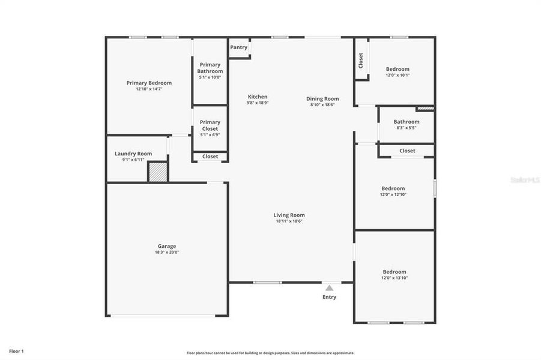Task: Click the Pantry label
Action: [x=238, y=47]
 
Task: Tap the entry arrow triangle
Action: [x=329, y=288]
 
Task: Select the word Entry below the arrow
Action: [x=329, y=297]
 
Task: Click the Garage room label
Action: [x=167, y=246]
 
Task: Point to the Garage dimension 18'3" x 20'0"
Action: [x=167, y=253]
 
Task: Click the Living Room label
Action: [x=289, y=215]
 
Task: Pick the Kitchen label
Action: [x=258, y=97]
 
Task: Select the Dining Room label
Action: [x=322, y=99]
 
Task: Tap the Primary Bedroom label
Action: [x=149, y=83]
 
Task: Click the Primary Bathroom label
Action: [x=210, y=68]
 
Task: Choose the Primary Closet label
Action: [x=210, y=125]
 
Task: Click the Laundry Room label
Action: [x=133, y=154]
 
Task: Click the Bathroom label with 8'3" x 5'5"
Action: [x=407, y=122]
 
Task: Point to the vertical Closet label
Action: [x=361, y=60]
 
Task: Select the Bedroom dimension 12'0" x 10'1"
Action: [x=397, y=76]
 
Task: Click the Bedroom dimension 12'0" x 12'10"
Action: [x=393, y=194]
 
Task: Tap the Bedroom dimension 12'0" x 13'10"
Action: [x=394, y=278]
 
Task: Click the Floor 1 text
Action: [x=16, y=351]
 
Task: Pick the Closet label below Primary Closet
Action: [x=210, y=157]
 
